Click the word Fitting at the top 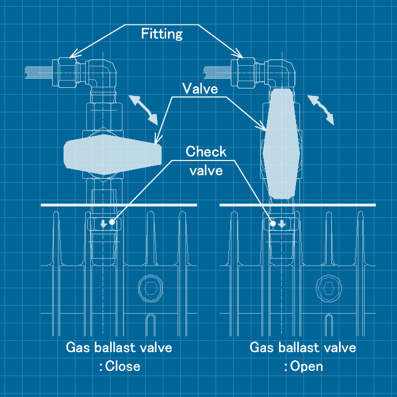click(162, 34)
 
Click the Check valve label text click(206, 161)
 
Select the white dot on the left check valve click(112, 222)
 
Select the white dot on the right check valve click(273, 223)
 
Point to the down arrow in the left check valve click(103, 223)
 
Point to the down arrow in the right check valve click(282, 223)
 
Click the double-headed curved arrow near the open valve click(321, 109)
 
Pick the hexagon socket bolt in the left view click(150, 288)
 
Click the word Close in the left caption click(123, 366)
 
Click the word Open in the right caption click(307, 366)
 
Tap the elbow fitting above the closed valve click(103, 74)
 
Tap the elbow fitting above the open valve click(281, 74)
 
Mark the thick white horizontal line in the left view click(119, 204)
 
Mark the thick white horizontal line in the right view click(297, 204)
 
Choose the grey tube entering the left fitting click(40, 72)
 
